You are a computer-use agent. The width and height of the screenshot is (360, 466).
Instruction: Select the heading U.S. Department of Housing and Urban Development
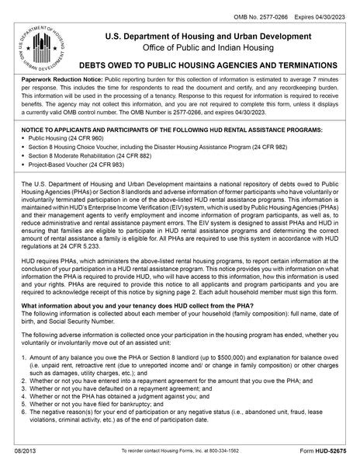coord(203,37)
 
